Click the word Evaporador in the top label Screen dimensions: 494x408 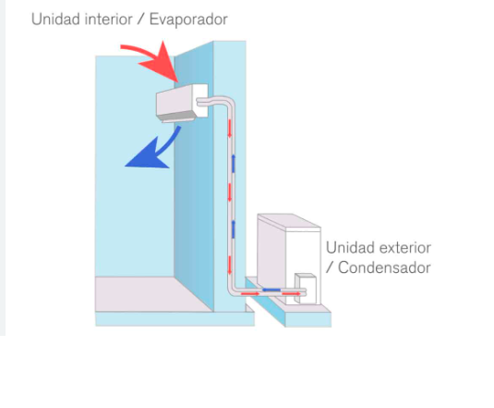pos(188,19)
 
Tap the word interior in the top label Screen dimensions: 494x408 pos(108,19)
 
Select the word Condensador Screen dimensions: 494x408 pos(384,268)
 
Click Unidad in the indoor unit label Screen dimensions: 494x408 pos(55,19)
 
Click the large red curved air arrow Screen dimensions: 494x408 pos(154,60)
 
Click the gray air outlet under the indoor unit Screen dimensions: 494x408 pos(176,118)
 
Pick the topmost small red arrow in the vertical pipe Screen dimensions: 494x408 pos(230,129)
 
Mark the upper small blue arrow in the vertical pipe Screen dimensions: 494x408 pos(234,164)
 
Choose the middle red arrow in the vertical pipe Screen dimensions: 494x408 pos(230,192)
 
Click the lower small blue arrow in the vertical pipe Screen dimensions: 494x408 pos(234,229)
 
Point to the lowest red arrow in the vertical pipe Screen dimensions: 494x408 pos(230,265)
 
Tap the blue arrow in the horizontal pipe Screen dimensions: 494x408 pos(271,290)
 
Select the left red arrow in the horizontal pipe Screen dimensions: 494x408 pos(250,294)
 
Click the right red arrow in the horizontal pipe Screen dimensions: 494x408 pos(291,294)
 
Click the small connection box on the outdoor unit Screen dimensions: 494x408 pos(306,289)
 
